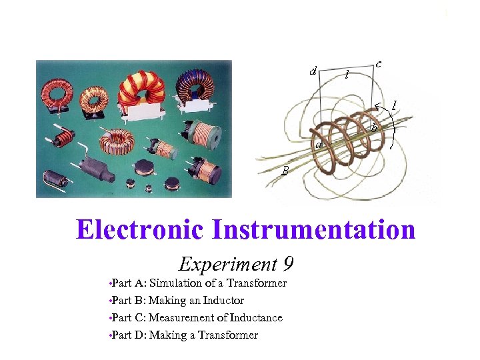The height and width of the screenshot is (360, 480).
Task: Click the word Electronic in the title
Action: point(141,230)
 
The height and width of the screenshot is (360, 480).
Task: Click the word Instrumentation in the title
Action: point(313,230)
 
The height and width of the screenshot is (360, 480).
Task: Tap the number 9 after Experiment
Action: point(287,265)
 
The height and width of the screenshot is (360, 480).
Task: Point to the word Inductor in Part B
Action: point(223,301)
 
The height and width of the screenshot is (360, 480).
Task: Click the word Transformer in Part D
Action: point(228,335)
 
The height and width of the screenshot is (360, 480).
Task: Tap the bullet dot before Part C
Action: point(109,318)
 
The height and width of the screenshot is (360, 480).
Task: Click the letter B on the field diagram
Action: point(285,171)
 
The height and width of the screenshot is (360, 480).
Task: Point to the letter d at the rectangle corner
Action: point(313,71)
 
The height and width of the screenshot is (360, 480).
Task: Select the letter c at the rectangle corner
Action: point(379,64)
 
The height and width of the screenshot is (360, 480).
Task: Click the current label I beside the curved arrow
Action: point(395,105)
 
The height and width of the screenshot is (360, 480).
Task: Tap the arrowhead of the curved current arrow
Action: point(377,105)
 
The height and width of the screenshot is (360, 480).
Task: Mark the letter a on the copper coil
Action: point(319,145)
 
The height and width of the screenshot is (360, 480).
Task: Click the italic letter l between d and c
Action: point(347,75)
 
